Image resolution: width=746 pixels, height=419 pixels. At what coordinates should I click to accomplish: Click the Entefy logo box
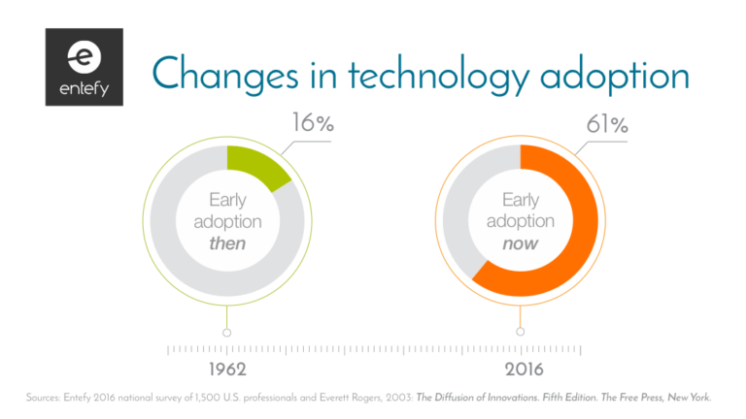click(83, 67)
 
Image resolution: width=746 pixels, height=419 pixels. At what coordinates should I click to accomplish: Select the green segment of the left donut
click(255, 167)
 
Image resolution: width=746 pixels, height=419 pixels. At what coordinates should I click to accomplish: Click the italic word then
click(227, 243)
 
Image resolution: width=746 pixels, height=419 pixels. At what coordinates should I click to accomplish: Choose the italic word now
click(521, 243)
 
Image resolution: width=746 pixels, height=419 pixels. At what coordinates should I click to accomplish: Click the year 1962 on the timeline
click(226, 370)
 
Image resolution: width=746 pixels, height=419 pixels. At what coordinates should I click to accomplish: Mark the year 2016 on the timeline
click(521, 370)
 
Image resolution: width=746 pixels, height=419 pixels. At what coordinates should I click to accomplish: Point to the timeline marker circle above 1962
click(226, 332)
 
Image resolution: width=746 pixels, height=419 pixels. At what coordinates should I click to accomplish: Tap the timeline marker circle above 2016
click(521, 332)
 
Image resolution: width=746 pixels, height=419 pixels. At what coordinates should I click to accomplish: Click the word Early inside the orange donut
click(521, 200)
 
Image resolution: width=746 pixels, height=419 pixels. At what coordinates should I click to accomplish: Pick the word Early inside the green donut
click(227, 200)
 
